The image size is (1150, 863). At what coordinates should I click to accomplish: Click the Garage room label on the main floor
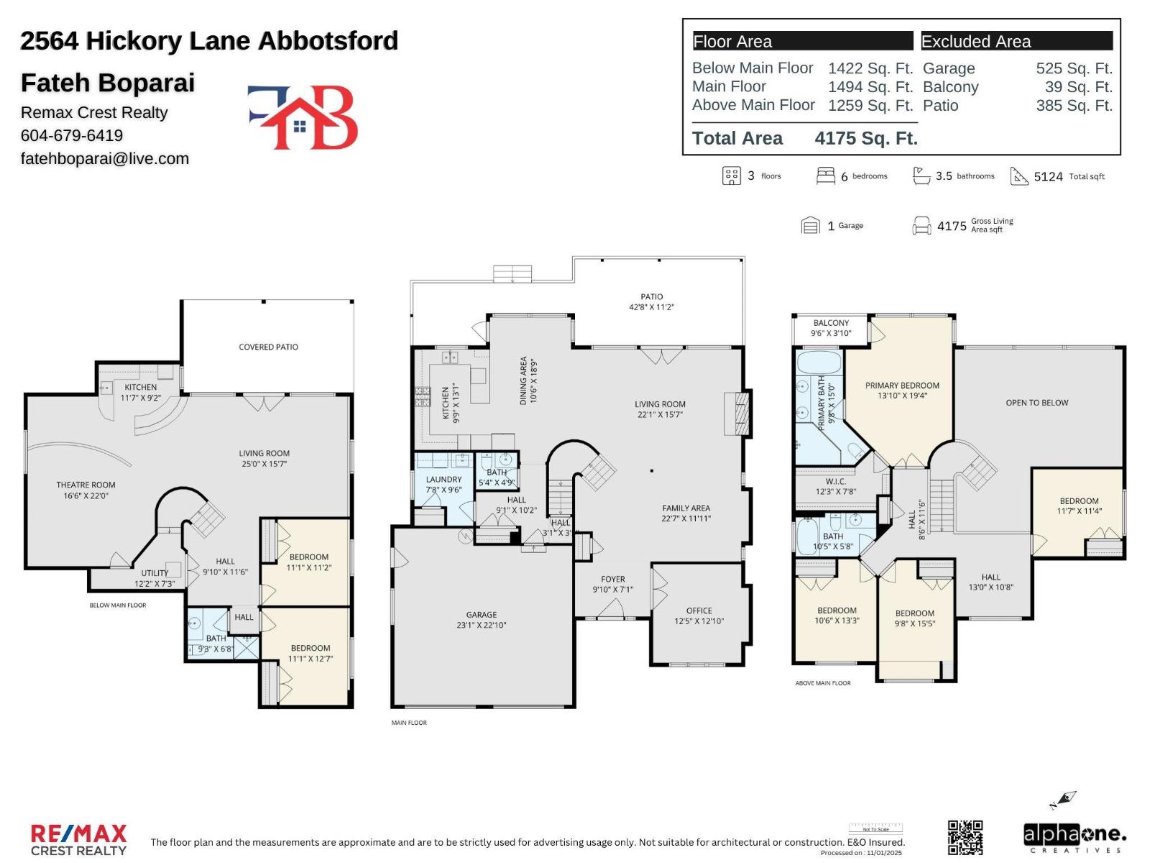coord(482,615)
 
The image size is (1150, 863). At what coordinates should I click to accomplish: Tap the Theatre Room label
coord(86,485)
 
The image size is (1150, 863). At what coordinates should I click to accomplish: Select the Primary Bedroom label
coord(902,385)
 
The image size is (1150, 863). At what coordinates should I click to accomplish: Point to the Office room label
coord(699,611)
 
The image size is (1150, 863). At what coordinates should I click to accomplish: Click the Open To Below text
coord(1036,403)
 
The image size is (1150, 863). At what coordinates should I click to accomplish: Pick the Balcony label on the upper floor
coord(831,324)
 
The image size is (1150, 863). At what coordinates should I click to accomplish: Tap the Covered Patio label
coord(268,347)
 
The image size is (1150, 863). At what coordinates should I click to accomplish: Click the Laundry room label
coord(443,480)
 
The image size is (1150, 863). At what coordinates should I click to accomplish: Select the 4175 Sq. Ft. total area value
coord(866,138)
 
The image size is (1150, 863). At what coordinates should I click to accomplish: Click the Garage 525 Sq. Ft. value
coord(1074,68)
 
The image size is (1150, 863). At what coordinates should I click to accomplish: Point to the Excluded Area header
coord(976,42)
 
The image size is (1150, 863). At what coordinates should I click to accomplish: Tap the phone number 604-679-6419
coord(72,135)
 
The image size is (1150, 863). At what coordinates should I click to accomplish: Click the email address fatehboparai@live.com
coord(105,158)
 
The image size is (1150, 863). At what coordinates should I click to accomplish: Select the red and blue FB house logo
coord(303,117)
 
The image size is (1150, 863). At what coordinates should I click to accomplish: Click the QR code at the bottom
coord(965,837)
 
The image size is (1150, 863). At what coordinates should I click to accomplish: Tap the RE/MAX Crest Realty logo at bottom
coord(78,840)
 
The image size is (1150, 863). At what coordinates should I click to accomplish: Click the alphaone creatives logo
coord(1074,838)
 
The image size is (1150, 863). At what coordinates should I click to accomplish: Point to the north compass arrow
coord(1064,800)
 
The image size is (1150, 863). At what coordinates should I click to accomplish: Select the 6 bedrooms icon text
coord(862,176)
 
